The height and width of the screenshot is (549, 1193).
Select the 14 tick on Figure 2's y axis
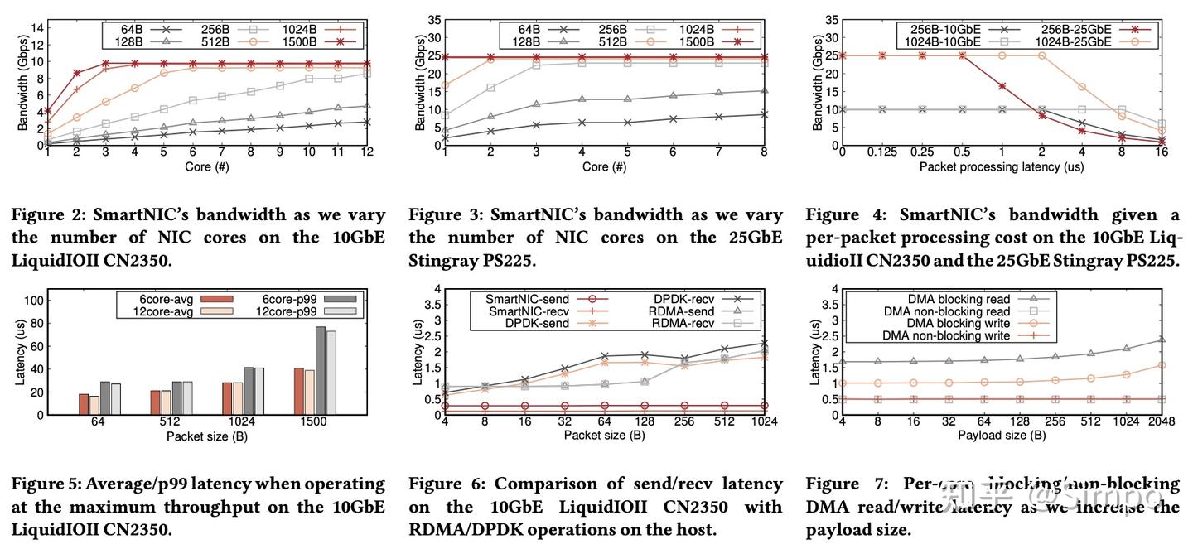(37, 27)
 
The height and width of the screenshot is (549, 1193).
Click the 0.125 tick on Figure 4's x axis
(882, 154)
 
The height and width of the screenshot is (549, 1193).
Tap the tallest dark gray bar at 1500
(320, 370)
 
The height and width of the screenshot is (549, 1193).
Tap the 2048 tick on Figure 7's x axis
(1160, 423)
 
